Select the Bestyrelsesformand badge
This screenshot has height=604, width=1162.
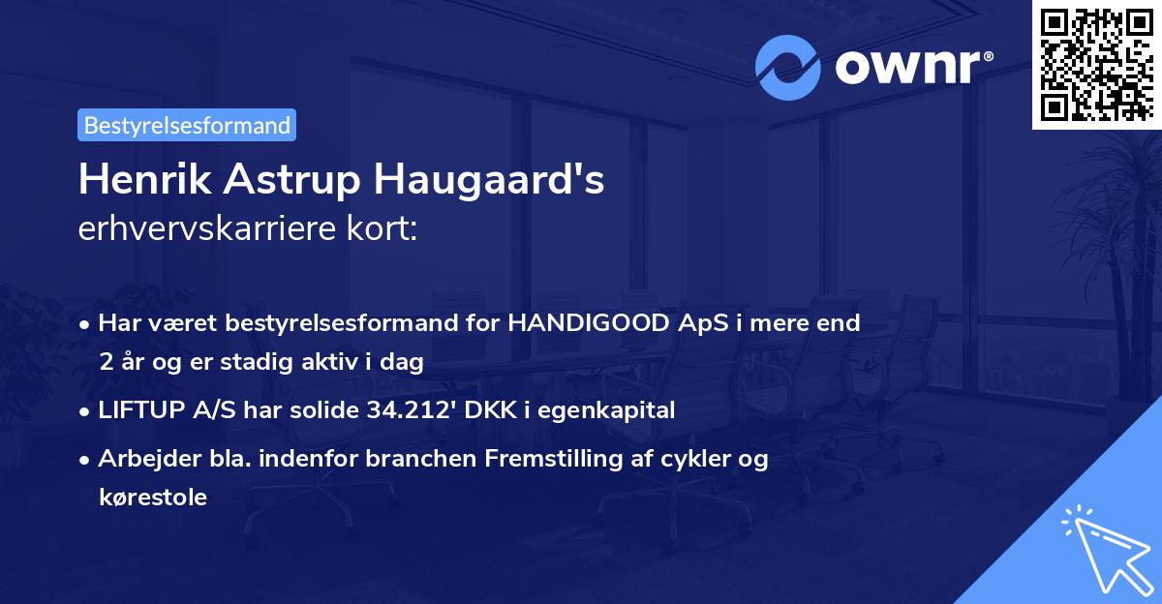pos(187,125)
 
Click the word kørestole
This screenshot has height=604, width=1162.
pos(152,498)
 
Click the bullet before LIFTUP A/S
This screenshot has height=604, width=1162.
pos(86,411)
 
